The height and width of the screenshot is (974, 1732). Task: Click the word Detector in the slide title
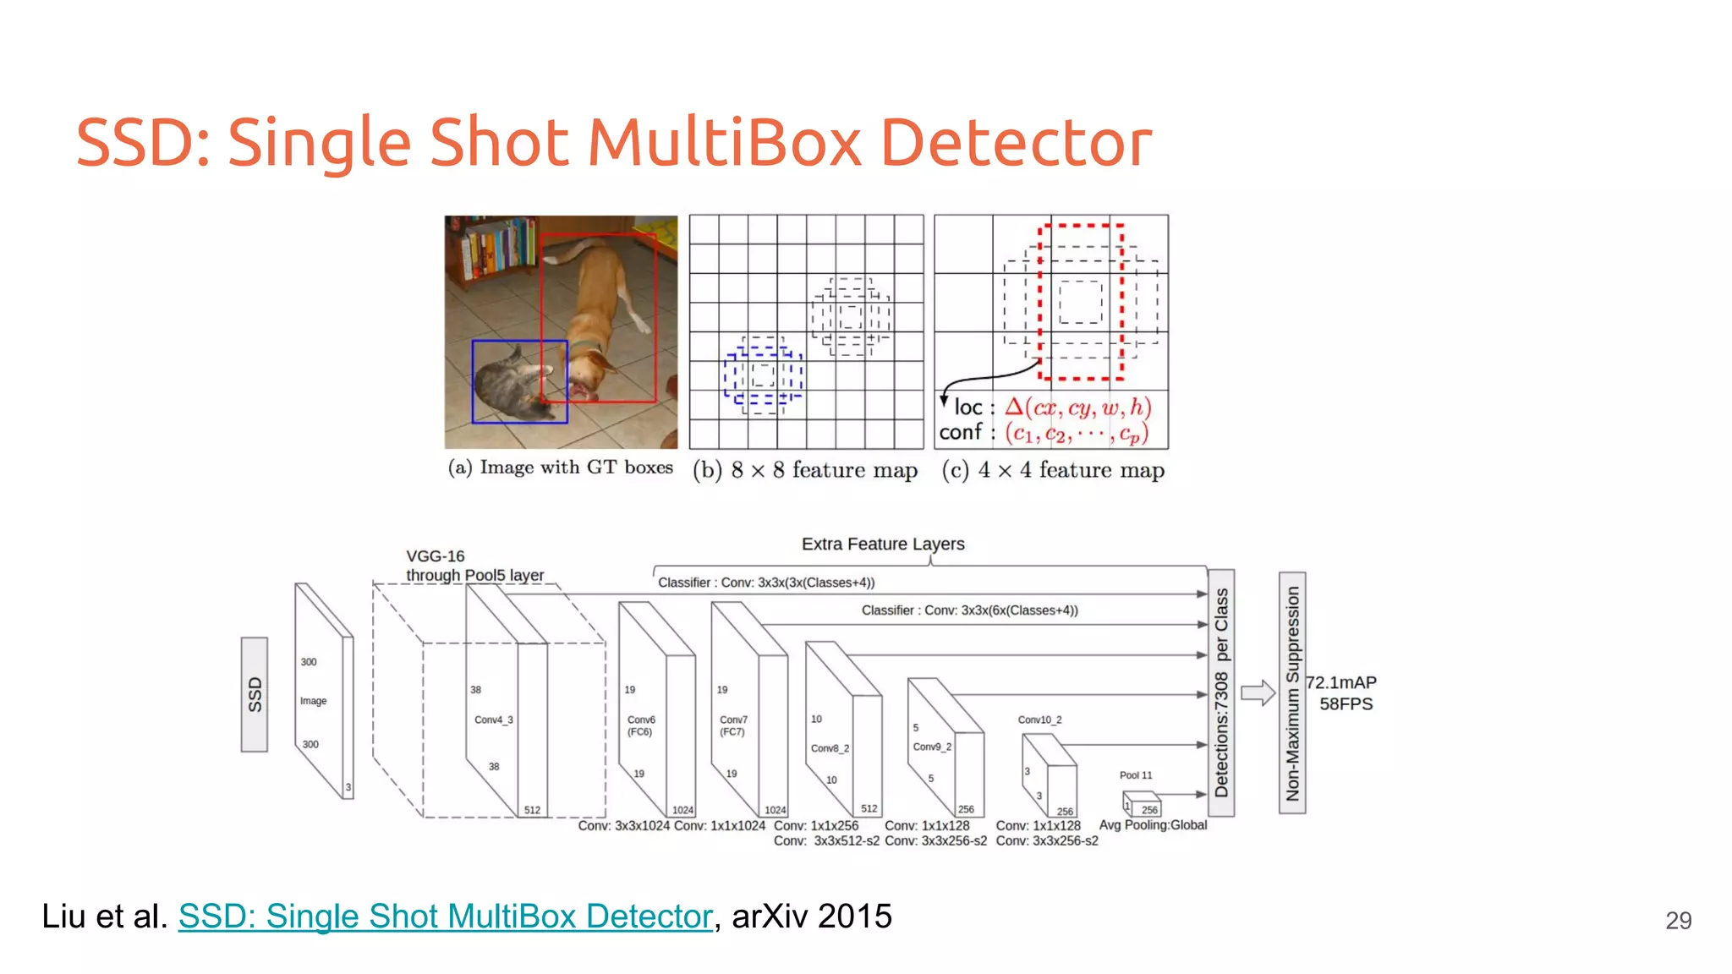pyautogui.click(x=1015, y=142)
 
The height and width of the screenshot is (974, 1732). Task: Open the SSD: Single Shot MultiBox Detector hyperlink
pyautogui.click(x=446, y=917)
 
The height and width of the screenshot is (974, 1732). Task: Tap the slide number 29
pyautogui.click(x=1678, y=921)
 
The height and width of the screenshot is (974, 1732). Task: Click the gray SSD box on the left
pyautogui.click(x=255, y=694)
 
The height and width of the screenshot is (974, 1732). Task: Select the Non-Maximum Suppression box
pyautogui.click(x=1292, y=692)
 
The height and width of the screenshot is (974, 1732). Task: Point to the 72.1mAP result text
pyautogui.click(x=1341, y=682)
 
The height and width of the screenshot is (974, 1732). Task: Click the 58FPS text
pyautogui.click(x=1346, y=704)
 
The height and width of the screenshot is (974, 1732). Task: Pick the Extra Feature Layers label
pyautogui.click(x=883, y=544)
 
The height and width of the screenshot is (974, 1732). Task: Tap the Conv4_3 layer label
pyautogui.click(x=493, y=720)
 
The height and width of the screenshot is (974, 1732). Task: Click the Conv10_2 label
pyautogui.click(x=1039, y=720)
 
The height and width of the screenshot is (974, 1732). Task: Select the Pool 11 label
pyautogui.click(x=1135, y=775)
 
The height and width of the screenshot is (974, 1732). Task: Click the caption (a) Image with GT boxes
pyautogui.click(x=561, y=468)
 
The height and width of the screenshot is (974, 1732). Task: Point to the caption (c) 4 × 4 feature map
pyautogui.click(x=1053, y=470)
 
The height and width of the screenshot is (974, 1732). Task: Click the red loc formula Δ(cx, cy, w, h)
pyautogui.click(x=1078, y=408)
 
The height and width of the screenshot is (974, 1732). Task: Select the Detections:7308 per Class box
pyautogui.click(x=1221, y=692)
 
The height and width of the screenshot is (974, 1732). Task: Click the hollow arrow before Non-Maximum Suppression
pyautogui.click(x=1258, y=693)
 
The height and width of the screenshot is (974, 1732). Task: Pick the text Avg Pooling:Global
pyautogui.click(x=1153, y=825)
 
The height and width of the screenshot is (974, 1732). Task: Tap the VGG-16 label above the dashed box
pyautogui.click(x=436, y=556)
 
